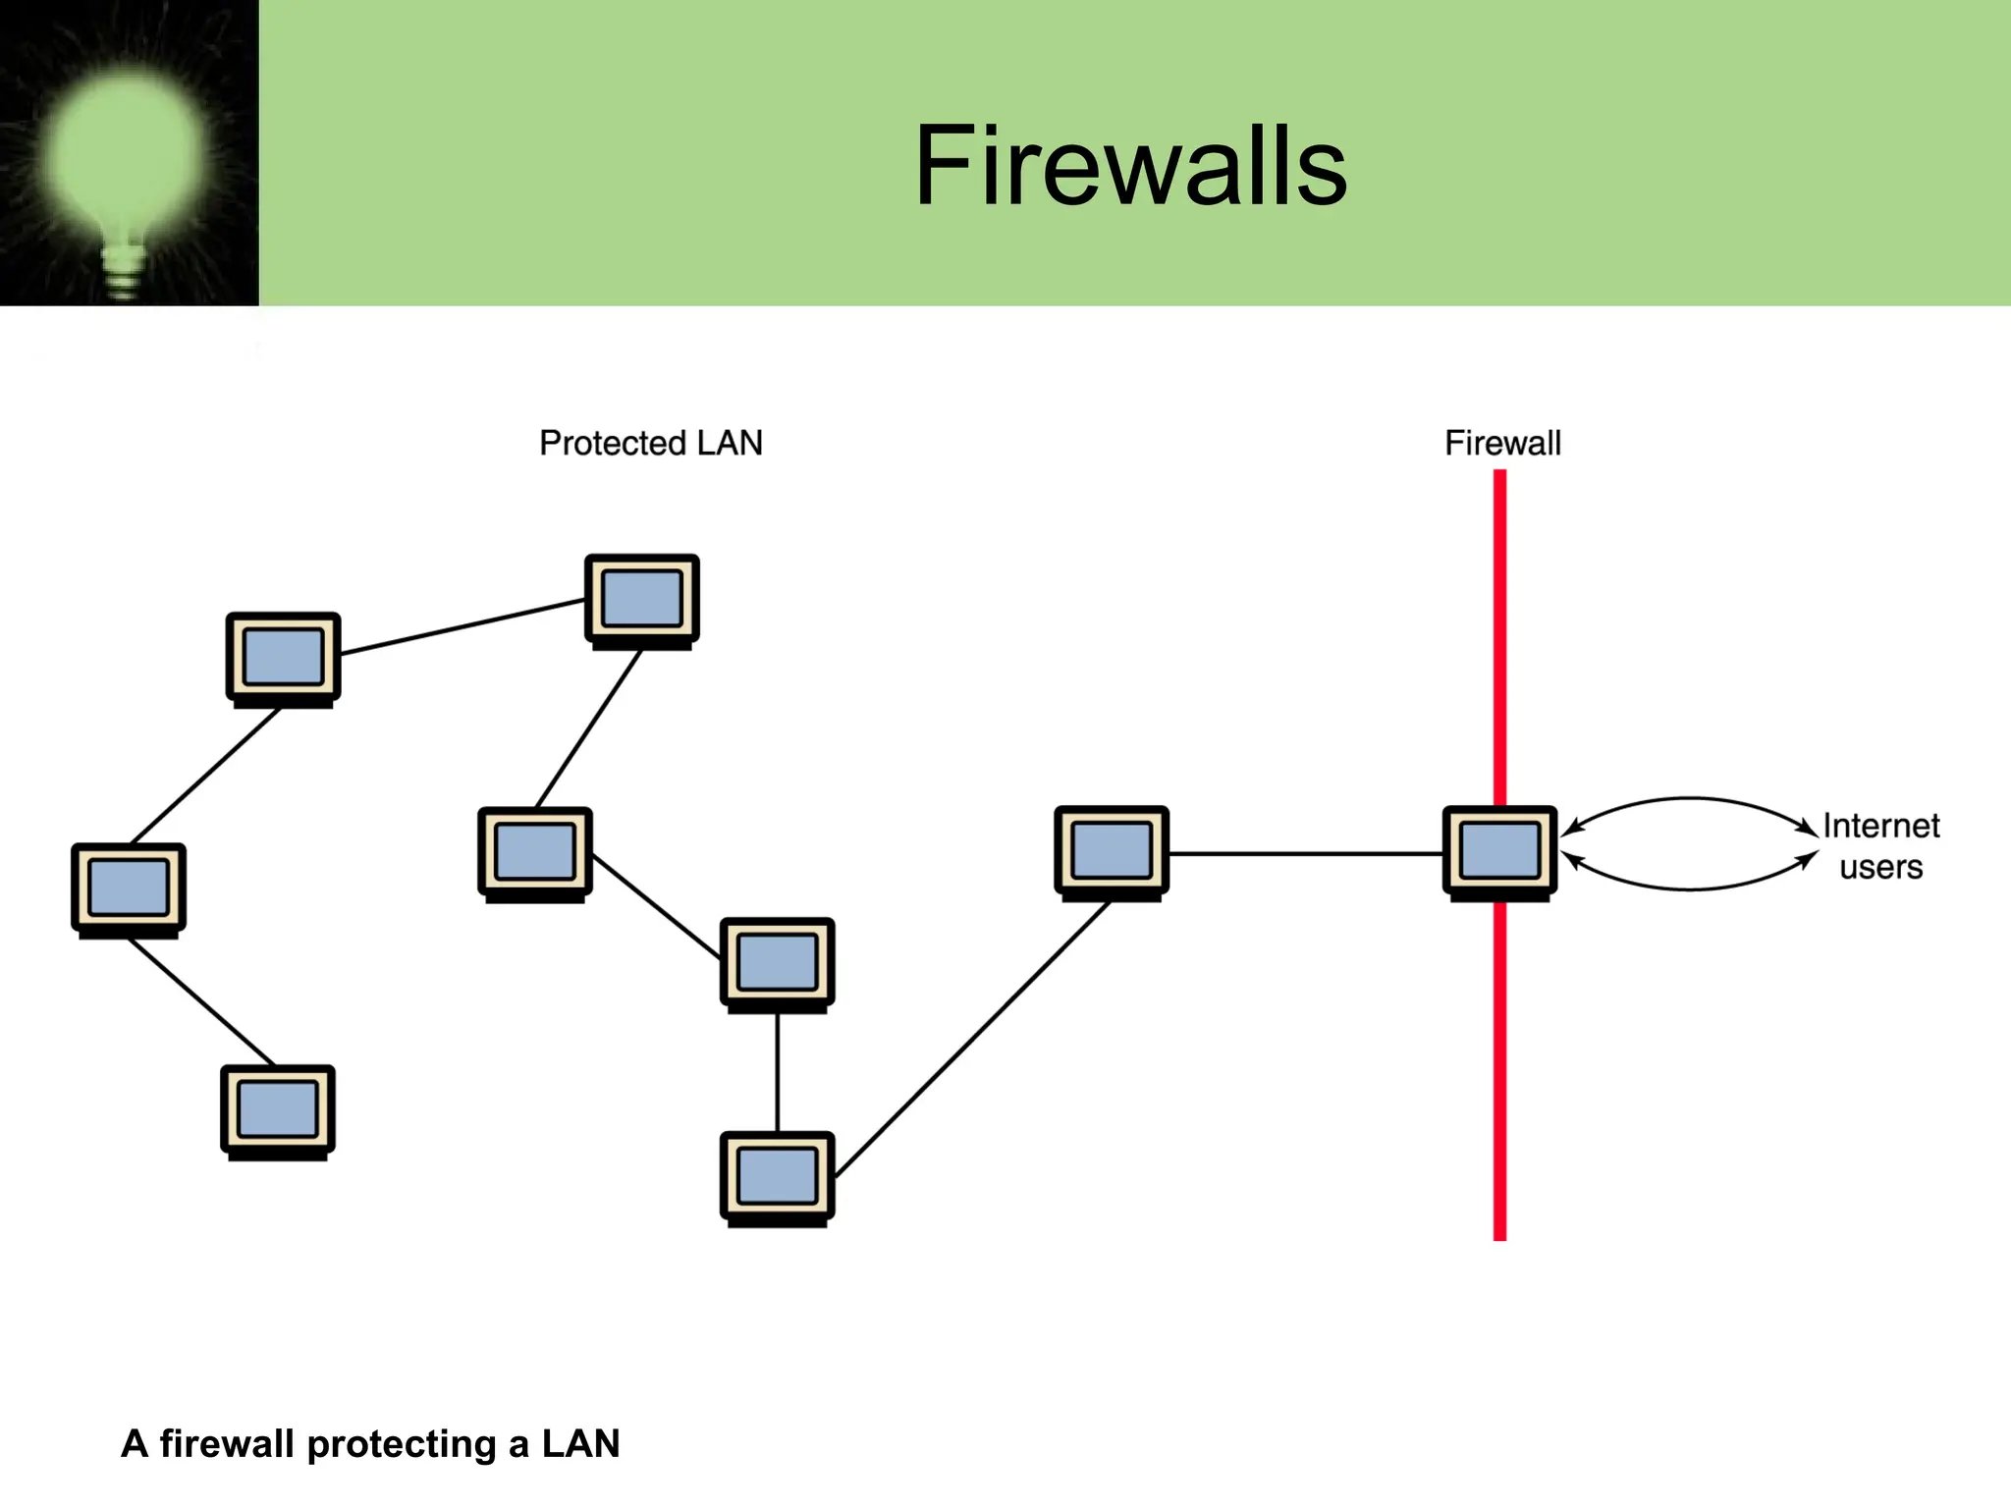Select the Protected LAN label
click(x=650, y=443)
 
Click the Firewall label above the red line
click(x=1501, y=443)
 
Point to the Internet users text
click(x=1880, y=846)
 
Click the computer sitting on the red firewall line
click(x=1499, y=851)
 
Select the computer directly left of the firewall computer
click(x=1112, y=851)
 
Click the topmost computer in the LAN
click(x=642, y=600)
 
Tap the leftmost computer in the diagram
click(x=129, y=888)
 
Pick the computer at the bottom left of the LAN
click(x=278, y=1109)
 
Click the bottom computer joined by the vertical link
click(x=777, y=1176)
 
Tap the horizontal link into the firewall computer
click(x=1306, y=854)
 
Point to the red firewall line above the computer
click(x=1499, y=638)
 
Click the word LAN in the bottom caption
click(x=580, y=1444)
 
